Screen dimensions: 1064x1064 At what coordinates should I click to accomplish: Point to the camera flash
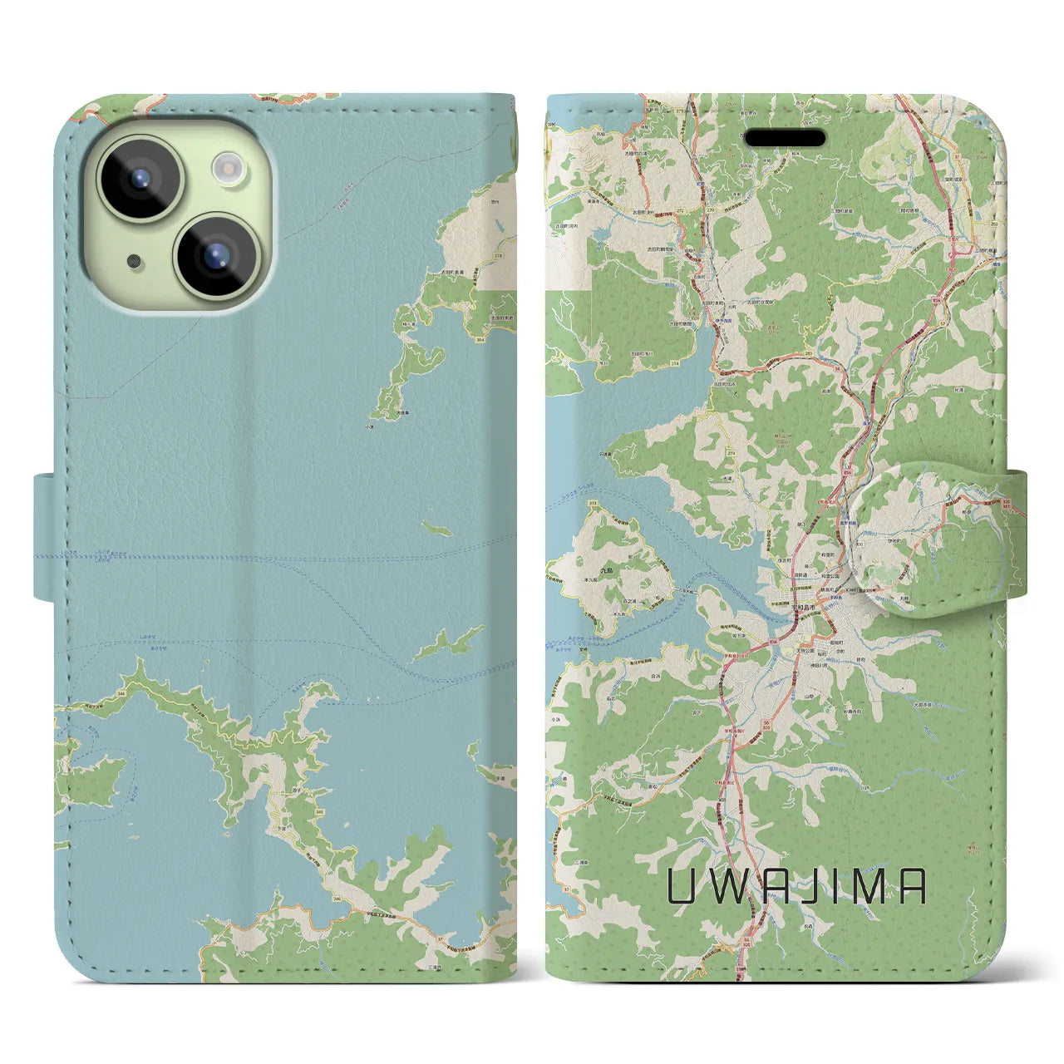(x=226, y=169)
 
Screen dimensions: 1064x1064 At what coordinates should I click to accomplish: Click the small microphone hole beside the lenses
(x=134, y=261)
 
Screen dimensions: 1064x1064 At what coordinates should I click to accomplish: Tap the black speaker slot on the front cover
(x=784, y=137)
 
